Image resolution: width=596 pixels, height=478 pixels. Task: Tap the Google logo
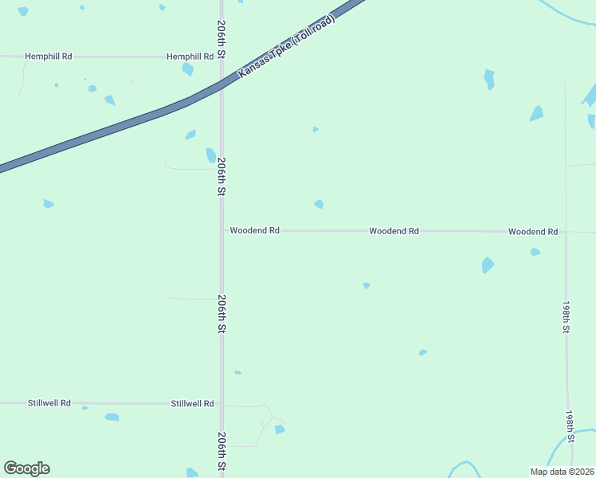click(26, 468)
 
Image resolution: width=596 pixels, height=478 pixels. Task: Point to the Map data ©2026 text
click(562, 472)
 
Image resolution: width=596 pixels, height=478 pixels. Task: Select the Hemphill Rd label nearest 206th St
click(190, 57)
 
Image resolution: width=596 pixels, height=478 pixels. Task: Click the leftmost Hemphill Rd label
click(49, 57)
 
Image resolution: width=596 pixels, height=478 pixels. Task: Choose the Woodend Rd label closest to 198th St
click(533, 231)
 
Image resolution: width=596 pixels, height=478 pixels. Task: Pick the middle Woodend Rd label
click(394, 231)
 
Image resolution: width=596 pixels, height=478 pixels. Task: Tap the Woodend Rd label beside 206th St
click(254, 230)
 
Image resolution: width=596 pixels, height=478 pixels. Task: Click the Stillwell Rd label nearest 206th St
click(193, 404)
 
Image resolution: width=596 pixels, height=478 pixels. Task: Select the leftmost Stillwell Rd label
click(49, 404)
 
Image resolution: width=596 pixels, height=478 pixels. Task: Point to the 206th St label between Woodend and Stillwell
click(222, 314)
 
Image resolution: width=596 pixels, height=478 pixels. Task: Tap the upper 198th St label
click(566, 317)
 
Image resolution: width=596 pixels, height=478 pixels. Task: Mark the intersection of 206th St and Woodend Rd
click(222, 230)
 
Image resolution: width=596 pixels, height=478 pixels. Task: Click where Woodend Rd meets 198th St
click(566, 232)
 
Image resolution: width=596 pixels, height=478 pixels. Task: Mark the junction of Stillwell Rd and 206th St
click(222, 404)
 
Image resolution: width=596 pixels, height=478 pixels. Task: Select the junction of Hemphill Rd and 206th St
click(222, 57)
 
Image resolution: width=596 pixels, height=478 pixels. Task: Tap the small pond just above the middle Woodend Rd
click(319, 204)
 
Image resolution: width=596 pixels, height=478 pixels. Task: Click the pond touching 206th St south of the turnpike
click(210, 155)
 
